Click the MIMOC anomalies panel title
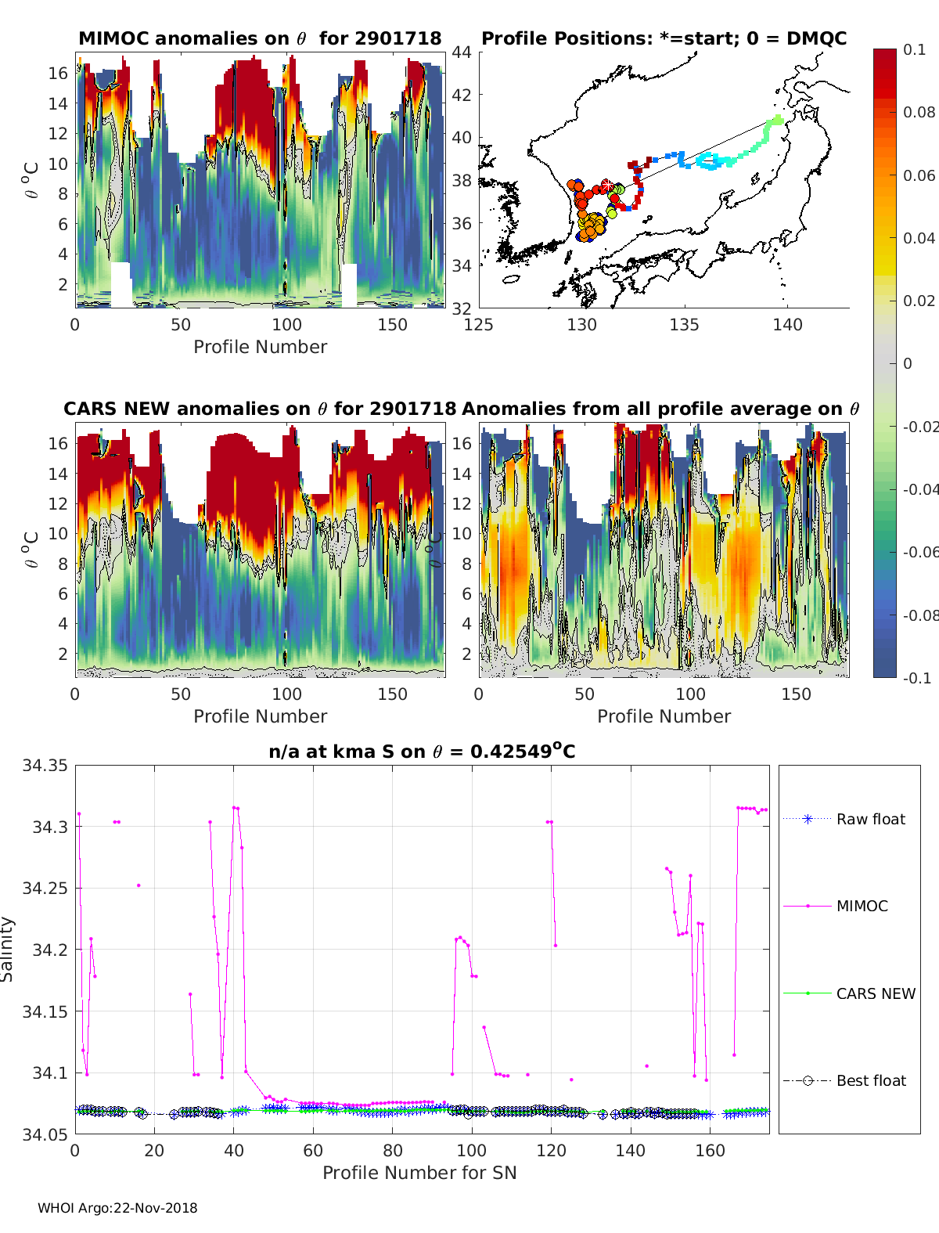tap(260, 38)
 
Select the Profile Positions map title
tap(664, 38)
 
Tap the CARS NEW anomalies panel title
tap(260, 409)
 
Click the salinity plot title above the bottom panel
tap(422, 752)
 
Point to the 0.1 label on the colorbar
tap(914, 49)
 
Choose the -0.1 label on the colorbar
tap(916, 678)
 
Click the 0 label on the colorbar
tap(908, 363)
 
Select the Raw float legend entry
tap(870, 819)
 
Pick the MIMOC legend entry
tap(862, 906)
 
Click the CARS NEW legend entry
tap(875, 993)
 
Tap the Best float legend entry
tap(870, 1080)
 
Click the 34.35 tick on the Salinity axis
tap(45, 766)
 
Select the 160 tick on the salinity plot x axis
tap(710, 1150)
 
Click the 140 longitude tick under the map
tap(787, 325)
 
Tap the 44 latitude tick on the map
tap(462, 52)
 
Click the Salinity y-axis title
tap(8, 949)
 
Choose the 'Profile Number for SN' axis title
tap(419, 1172)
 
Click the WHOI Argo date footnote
tap(117, 1208)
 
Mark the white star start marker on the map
tap(606, 186)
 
